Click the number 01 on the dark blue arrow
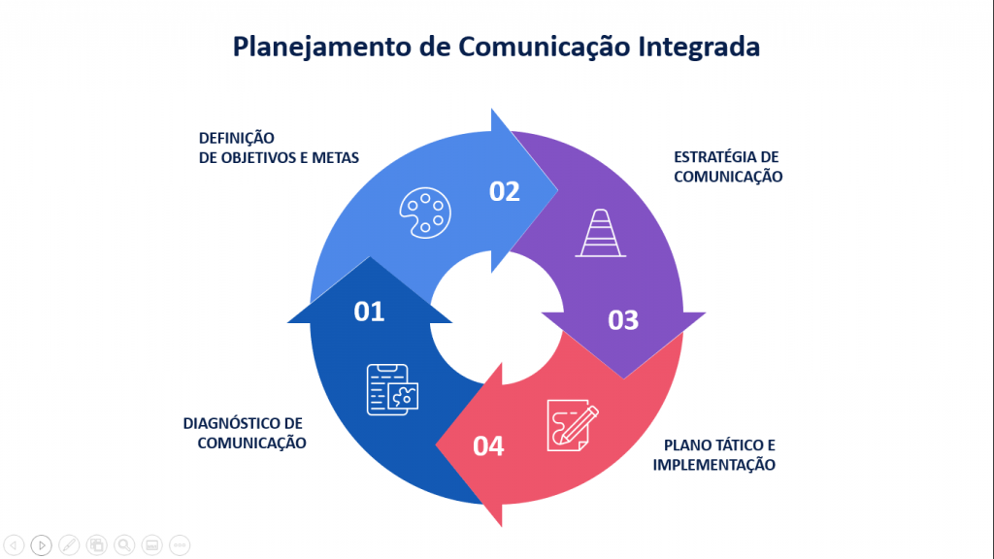(x=369, y=311)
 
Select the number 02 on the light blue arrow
(x=505, y=191)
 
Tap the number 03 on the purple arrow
(x=623, y=319)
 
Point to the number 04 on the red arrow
(x=488, y=446)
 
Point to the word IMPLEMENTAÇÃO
(x=713, y=465)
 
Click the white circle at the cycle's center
(x=496, y=310)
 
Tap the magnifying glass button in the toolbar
(x=124, y=544)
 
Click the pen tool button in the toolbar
(x=69, y=544)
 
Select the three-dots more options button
(x=180, y=544)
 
